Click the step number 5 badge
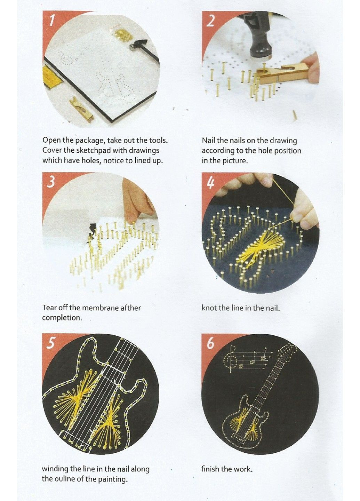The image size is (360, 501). click(51, 343)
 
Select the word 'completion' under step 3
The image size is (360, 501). click(62, 318)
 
